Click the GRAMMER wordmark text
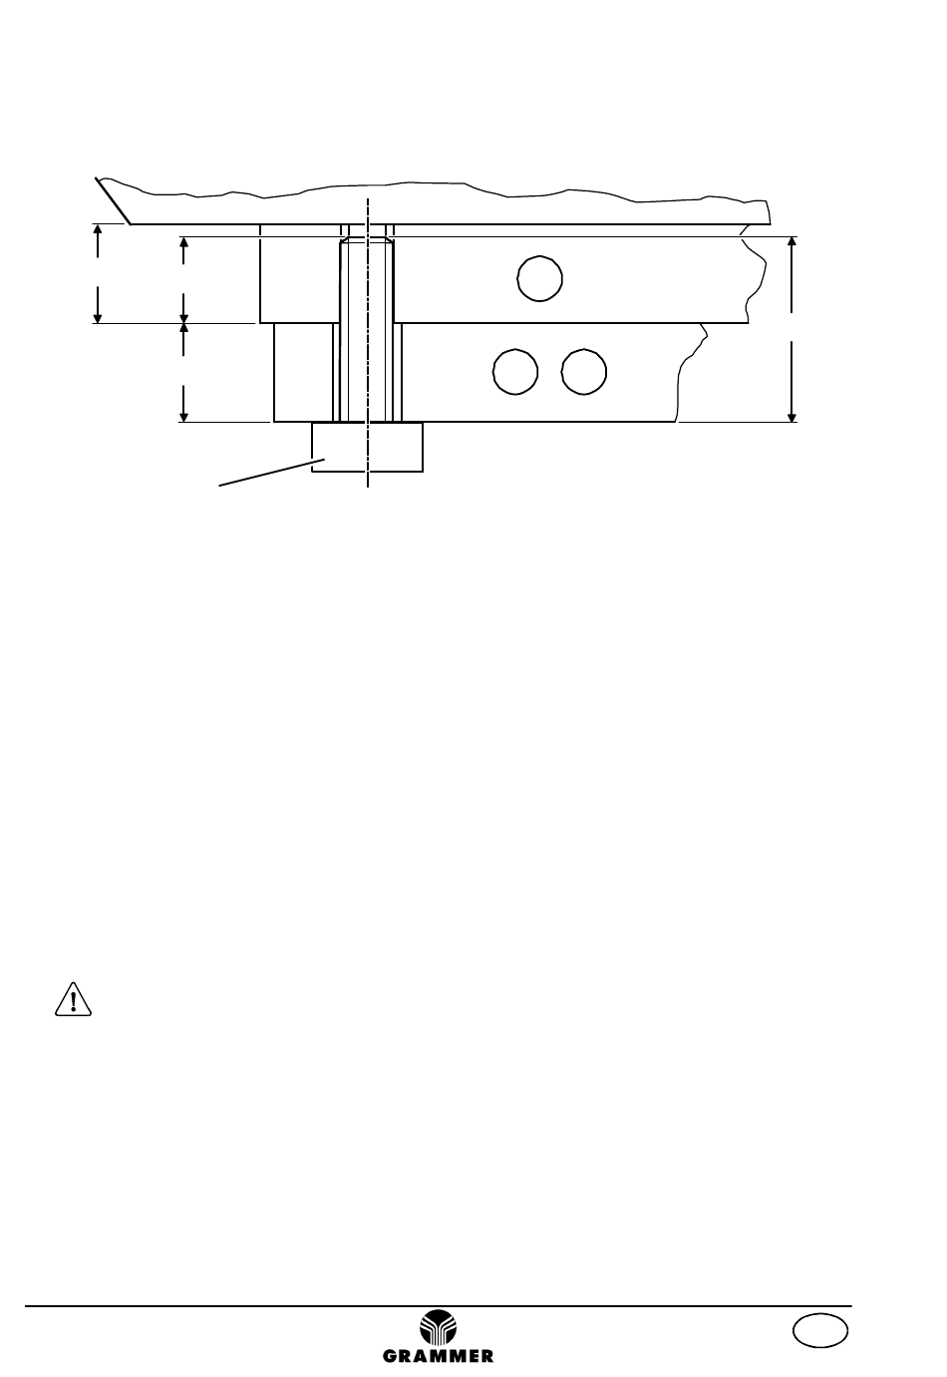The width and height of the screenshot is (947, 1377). pyautogui.click(x=438, y=1355)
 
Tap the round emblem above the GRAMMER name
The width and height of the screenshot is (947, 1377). pyautogui.click(x=438, y=1326)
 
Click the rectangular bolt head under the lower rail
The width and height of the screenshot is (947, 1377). pyautogui.click(x=367, y=447)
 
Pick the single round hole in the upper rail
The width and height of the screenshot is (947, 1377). pyautogui.click(x=539, y=278)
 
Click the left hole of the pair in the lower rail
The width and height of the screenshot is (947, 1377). pyautogui.click(x=515, y=372)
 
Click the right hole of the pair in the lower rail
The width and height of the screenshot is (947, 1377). pyautogui.click(x=584, y=372)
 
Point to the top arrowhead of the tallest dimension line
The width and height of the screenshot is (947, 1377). pyautogui.click(x=791, y=241)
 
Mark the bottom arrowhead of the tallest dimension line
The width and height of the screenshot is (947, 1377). pyautogui.click(x=791, y=418)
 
